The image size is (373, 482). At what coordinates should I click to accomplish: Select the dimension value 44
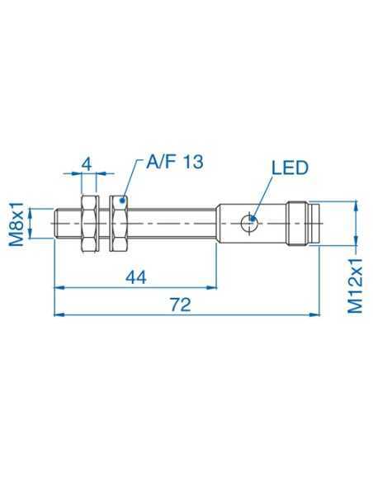click(x=136, y=276)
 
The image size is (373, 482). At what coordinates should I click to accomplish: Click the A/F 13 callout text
click(x=174, y=162)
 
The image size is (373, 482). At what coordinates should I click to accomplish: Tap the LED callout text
click(x=289, y=168)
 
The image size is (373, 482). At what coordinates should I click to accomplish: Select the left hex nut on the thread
click(x=87, y=223)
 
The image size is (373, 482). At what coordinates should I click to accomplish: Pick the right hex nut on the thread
click(x=118, y=223)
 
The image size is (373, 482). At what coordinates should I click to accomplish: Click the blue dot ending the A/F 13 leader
click(x=124, y=199)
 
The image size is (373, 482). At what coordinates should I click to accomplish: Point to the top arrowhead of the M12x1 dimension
click(x=356, y=205)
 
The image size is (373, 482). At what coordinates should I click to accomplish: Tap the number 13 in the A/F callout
click(x=191, y=162)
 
